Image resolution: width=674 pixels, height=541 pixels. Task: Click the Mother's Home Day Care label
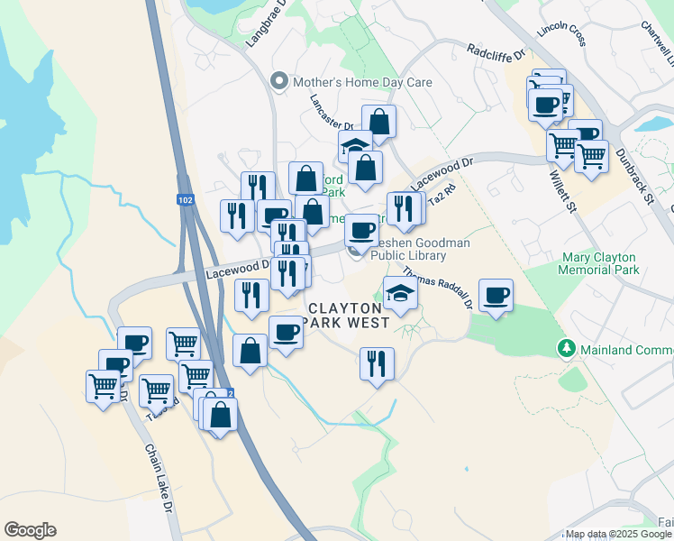point(362,82)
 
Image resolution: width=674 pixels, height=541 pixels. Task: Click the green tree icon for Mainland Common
point(566,347)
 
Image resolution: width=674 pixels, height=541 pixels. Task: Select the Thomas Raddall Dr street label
point(438,287)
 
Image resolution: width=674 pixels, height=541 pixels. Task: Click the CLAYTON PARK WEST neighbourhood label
point(349,314)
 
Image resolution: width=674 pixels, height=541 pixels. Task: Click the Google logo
point(30,530)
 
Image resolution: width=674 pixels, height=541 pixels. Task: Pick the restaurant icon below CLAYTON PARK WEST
point(376,362)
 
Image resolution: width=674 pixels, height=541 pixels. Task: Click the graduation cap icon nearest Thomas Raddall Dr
point(400,292)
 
